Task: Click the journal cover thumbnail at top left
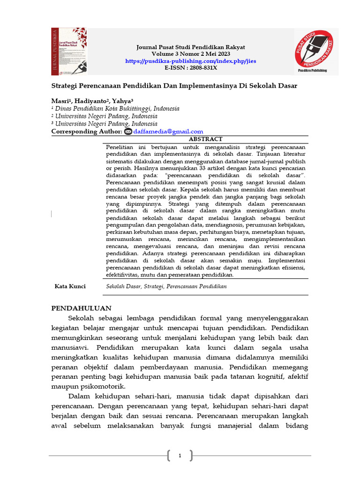[69, 51]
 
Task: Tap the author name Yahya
[122, 101]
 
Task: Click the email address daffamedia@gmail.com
[168, 132]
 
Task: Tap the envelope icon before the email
[128, 132]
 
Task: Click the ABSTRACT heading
[205, 139]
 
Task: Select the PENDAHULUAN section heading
[81, 308]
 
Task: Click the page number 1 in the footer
[180, 455]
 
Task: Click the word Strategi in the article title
[65, 86]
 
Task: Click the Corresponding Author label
[86, 132]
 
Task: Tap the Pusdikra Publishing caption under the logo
[312, 71]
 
